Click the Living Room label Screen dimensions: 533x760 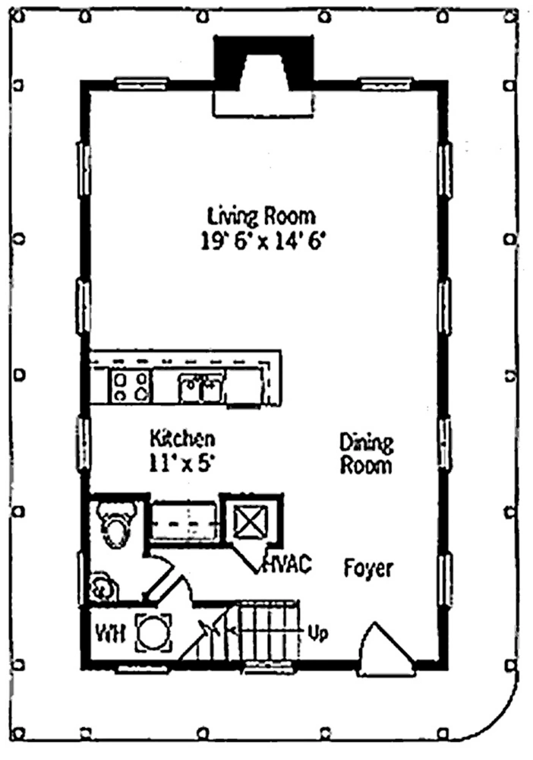(261, 216)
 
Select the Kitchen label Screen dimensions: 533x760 (182, 439)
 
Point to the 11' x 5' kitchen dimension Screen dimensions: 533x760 (181, 464)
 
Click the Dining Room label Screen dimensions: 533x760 (366, 454)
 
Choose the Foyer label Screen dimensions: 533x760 (368, 568)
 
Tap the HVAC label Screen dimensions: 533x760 (287, 564)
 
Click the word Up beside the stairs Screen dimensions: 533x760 (318, 633)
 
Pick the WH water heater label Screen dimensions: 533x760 (111, 633)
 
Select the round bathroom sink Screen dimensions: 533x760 (103, 587)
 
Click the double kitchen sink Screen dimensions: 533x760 (201, 388)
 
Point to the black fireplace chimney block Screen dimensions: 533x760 (263, 62)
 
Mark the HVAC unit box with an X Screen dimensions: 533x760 (251, 521)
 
